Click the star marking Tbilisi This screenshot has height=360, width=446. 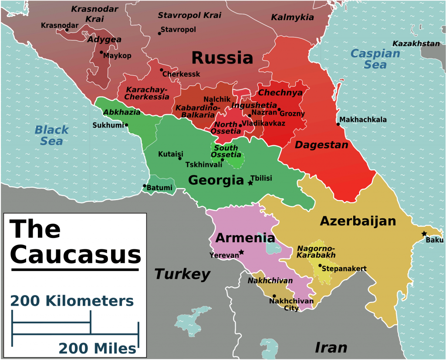coord(250,183)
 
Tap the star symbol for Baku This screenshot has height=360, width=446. coord(424,234)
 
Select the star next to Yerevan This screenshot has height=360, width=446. coord(241,252)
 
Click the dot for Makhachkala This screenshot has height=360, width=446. coord(338,124)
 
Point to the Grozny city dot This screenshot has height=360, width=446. coord(279,109)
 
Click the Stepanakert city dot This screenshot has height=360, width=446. coord(320,265)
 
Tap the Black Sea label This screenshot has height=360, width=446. coord(52,135)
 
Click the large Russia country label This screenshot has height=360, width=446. coord(222,58)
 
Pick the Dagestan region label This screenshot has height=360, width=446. coord(321,145)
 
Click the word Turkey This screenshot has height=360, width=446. coord(182,274)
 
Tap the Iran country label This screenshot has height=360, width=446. coord(331,347)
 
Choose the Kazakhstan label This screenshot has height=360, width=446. coord(416,44)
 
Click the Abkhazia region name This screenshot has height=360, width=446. coord(122,112)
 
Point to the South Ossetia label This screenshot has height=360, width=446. coord(226,151)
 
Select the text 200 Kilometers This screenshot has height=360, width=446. coord(72,301)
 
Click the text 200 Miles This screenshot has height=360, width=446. coord(98,348)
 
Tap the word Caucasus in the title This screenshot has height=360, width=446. coord(76,255)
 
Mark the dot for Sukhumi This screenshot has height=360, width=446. coord(126,125)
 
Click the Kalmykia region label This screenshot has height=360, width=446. coord(292,17)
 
